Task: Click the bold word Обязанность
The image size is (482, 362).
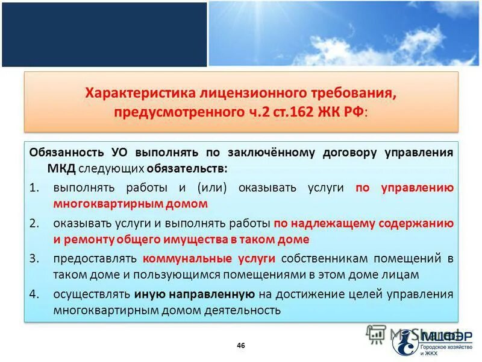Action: click(x=66, y=152)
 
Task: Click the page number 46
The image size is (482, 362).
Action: click(x=241, y=346)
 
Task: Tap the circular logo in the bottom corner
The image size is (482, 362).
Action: click(x=405, y=341)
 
